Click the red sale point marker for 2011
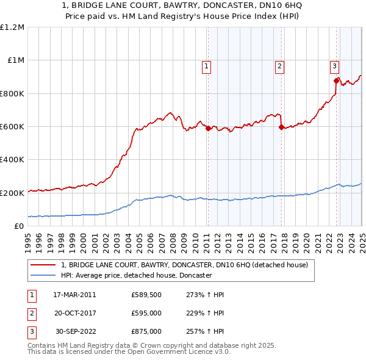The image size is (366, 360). click(x=208, y=128)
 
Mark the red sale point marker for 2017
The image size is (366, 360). click(x=281, y=128)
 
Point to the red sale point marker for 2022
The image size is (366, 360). click(x=336, y=81)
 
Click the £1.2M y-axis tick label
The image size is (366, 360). click(x=12, y=27)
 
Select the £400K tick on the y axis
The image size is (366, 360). click(x=12, y=160)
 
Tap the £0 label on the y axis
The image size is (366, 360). click(x=18, y=226)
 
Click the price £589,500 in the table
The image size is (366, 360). click(x=146, y=295)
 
